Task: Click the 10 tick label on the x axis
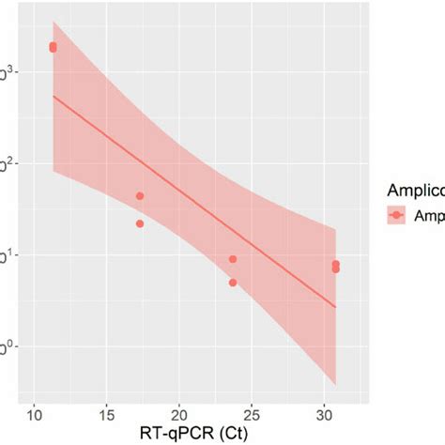click(x=34, y=415)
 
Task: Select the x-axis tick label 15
click(x=107, y=415)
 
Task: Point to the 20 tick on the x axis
click(x=179, y=415)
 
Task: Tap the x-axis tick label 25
click(x=252, y=415)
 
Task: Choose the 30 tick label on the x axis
click(x=324, y=415)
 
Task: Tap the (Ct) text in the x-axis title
click(x=220, y=435)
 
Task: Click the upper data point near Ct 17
click(x=140, y=196)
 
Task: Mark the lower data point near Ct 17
click(x=140, y=223)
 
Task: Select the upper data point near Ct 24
click(x=233, y=259)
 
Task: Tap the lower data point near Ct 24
click(x=233, y=283)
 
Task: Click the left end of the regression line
click(x=54, y=96)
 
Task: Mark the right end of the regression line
click(x=335, y=306)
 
